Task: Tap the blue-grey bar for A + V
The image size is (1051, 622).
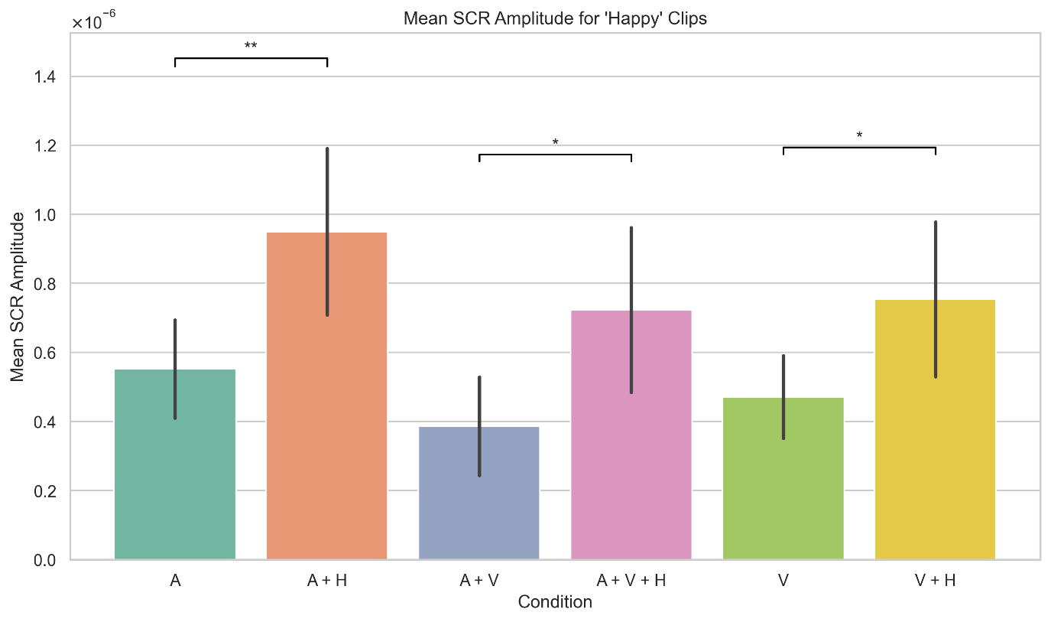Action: click(479, 493)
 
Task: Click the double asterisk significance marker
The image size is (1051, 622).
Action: click(251, 47)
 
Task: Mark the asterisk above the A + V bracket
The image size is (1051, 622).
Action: click(555, 143)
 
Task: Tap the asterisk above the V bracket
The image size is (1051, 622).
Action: click(859, 136)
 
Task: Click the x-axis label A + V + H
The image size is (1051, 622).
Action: click(631, 581)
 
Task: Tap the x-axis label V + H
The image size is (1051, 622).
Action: click(936, 581)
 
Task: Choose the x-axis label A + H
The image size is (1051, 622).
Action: click(327, 581)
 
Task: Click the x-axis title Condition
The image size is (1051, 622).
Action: click(555, 602)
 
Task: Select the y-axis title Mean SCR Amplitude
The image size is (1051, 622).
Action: click(18, 296)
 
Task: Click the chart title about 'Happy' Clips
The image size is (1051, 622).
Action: click(555, 20)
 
